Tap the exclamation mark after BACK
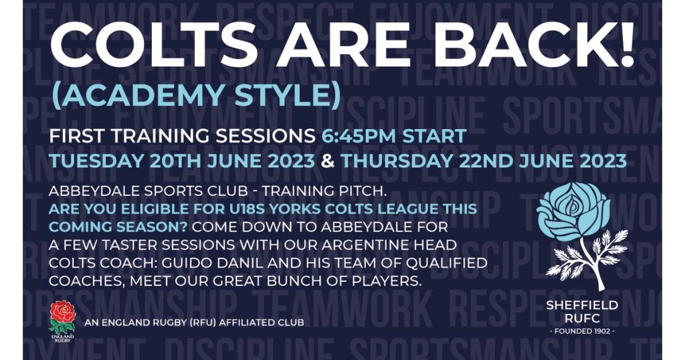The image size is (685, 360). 625,43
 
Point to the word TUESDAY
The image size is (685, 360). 96,161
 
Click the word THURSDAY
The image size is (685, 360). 395,161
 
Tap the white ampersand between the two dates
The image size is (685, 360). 328,161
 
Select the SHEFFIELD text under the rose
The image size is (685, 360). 582,305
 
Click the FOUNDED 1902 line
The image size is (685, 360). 582,331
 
